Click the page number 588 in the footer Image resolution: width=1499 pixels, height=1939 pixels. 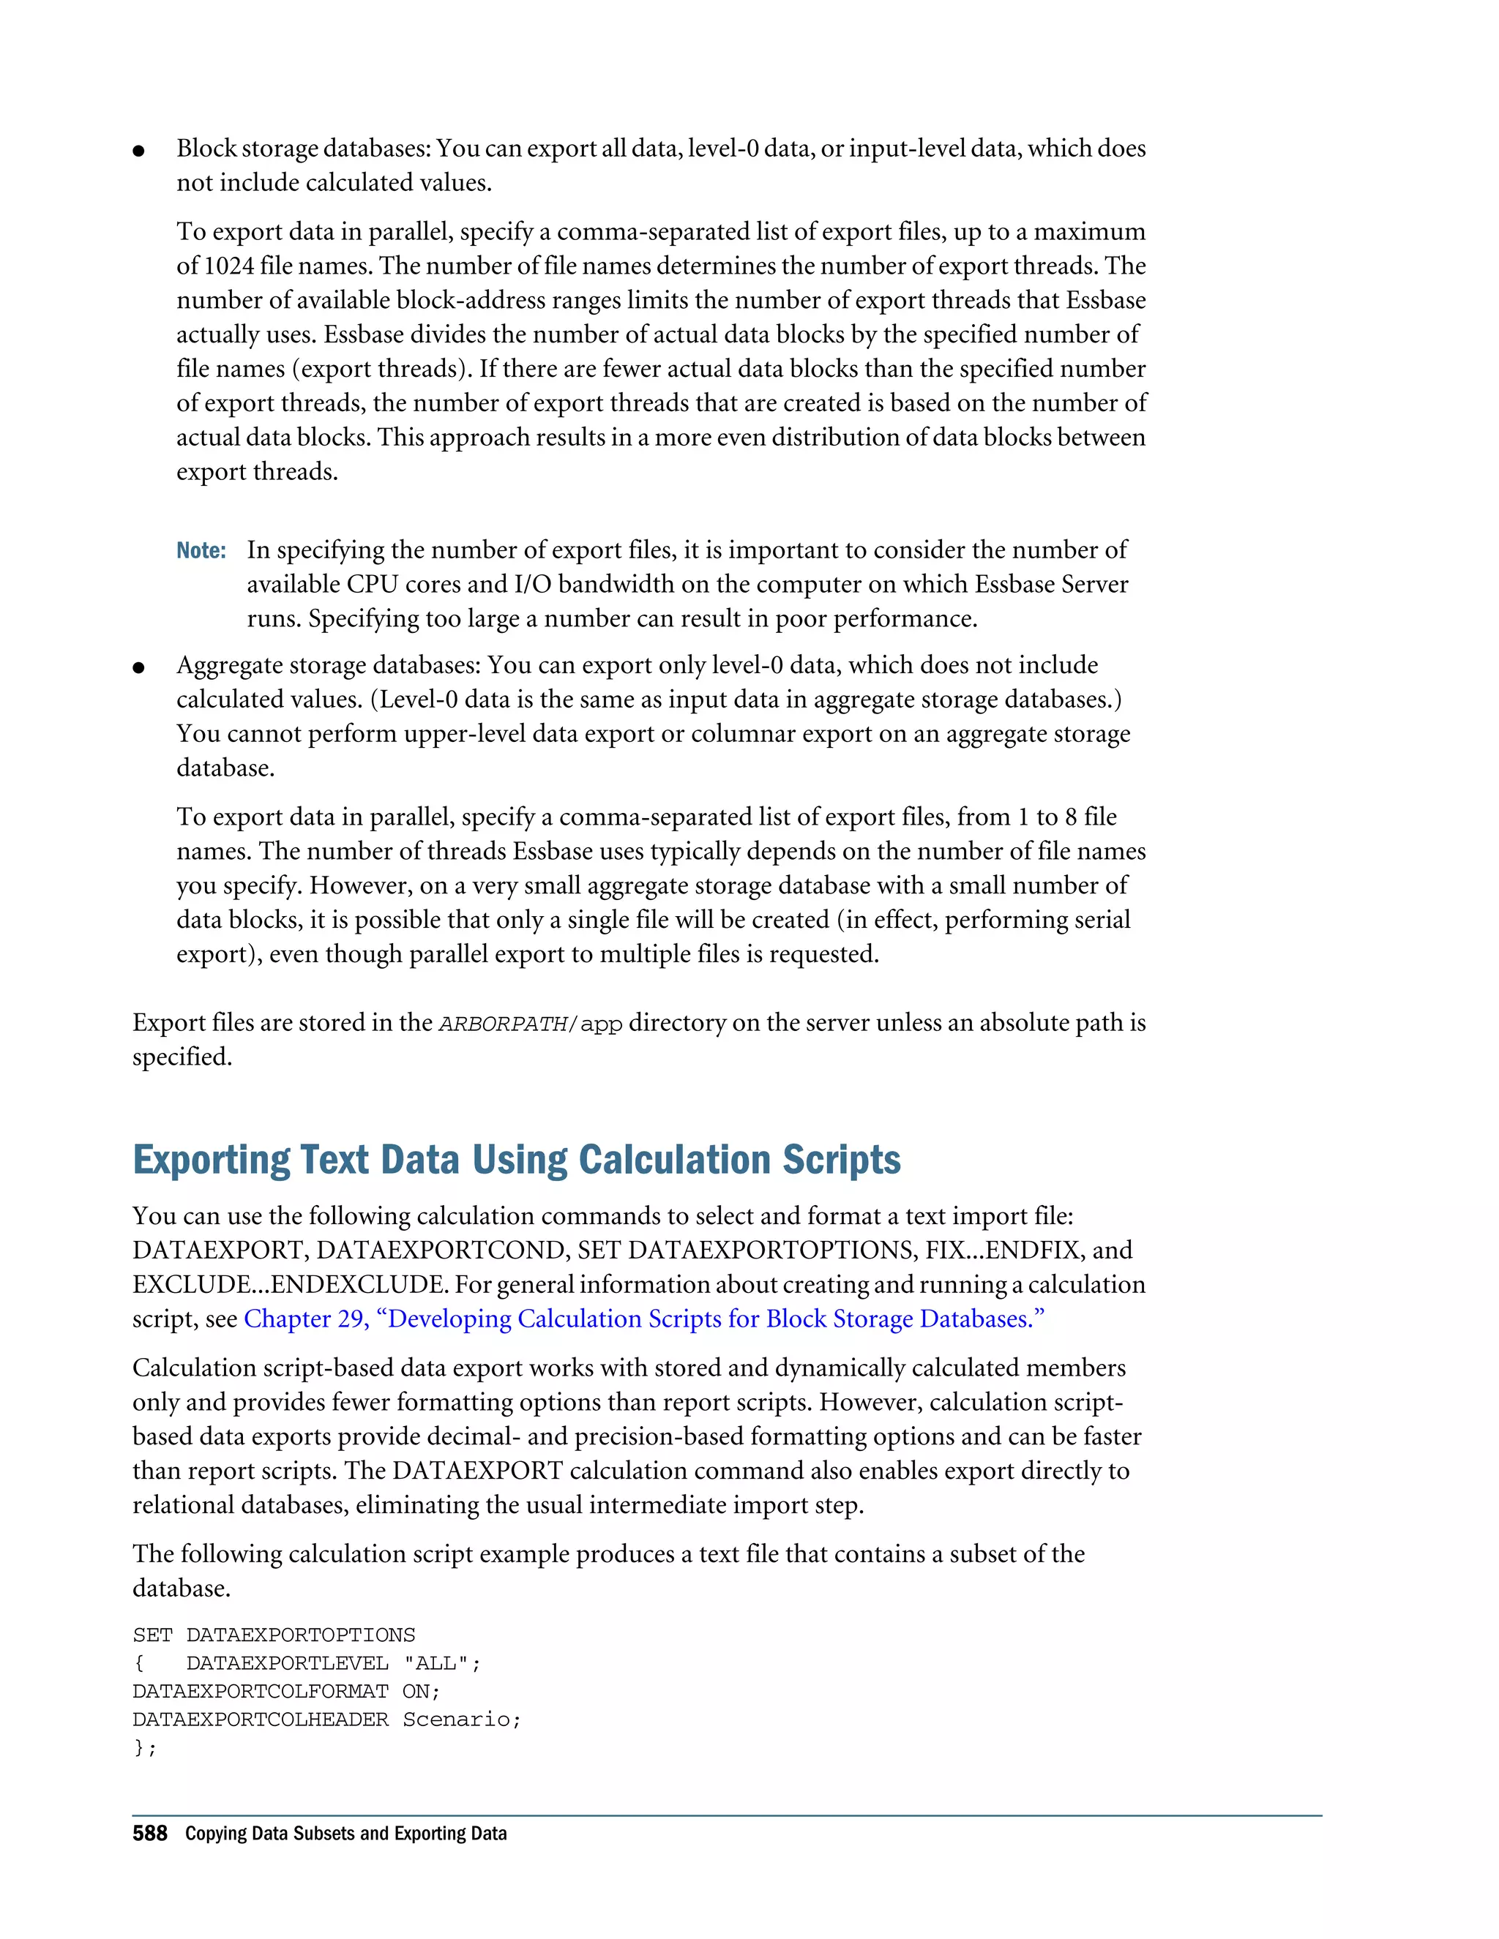click(x=149, y=1834)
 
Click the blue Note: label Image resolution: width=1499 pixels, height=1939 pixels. click(x=201, y=550)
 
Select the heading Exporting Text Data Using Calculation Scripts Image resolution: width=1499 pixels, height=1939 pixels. click(x=516, y=1160)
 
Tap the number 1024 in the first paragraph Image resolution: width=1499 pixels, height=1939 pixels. click(x=228, y=266)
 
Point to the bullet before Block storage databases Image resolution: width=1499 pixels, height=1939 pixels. click(x=138, y=150)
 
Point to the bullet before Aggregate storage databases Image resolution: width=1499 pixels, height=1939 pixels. click(x=138, y=667)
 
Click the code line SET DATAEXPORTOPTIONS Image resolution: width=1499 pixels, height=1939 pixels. click(x=274, y=1635)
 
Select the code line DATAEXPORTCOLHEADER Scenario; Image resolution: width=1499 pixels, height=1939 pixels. click(x=326, y=1719)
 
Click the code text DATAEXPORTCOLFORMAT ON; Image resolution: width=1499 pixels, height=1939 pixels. click(x=286, y=1690)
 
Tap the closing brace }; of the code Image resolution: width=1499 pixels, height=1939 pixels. click(x=144, y=1747)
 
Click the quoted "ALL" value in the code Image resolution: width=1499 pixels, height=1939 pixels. click(x=436, y=1663)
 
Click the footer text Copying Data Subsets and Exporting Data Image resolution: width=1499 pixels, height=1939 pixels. click(x=345, y=1834)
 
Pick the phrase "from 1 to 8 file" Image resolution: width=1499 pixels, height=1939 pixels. click(x=1036, y=816)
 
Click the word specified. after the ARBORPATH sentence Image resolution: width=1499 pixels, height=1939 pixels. click(x=182, y=1057)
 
